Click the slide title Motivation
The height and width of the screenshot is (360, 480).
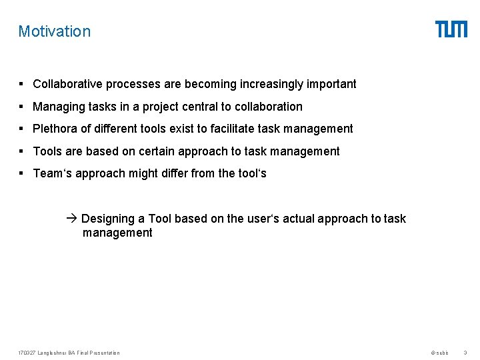[54, 31]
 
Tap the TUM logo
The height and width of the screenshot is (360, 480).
[451, 29]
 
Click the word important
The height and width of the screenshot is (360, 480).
[331, 84]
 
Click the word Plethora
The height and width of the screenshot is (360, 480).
[55, 129]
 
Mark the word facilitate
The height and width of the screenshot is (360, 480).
[234, 129]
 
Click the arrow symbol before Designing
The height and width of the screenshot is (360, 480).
[73, 219]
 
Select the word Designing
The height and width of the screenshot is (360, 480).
[107, 219]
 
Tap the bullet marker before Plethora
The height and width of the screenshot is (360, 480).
[22, 129]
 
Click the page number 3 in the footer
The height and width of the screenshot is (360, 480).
[465, 353]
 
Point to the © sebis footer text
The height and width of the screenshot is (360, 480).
[439, 353]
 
